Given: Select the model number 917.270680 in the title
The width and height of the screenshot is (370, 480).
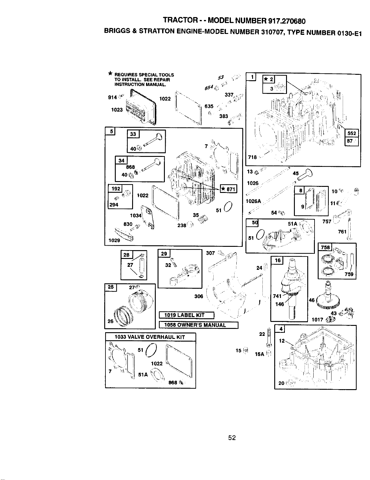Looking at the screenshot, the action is (x=287, y=21).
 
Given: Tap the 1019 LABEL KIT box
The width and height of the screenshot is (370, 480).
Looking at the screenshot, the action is (x=187, y=315).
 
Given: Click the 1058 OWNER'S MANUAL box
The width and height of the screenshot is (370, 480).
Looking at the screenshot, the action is (x=198, y=325).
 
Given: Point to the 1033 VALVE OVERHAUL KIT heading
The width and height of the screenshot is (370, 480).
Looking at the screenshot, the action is (x=150, y=337).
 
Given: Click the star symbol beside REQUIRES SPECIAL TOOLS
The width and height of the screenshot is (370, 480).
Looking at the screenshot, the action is (x=110, y=73).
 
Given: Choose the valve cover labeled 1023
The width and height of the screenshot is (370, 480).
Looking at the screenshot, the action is (x=141, y=107).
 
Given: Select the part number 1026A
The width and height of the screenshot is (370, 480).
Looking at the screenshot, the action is (x=253, y=201).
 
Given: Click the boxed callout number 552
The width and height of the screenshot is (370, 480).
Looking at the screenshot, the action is (x=352, y=133).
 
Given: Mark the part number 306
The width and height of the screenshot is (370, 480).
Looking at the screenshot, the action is (x=199, y=296).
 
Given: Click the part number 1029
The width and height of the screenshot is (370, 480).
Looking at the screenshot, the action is (x=114, y=240).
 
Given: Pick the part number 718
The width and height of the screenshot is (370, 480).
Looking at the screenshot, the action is (x=252, y=157).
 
